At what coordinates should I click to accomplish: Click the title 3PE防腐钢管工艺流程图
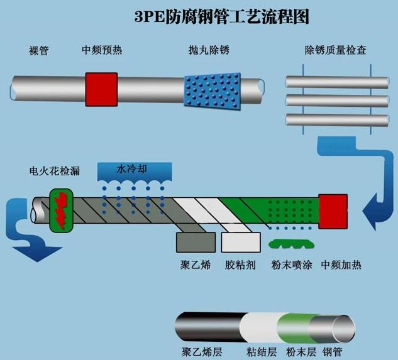(x=222, y=16)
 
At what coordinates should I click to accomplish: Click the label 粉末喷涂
(x=290, y=265)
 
